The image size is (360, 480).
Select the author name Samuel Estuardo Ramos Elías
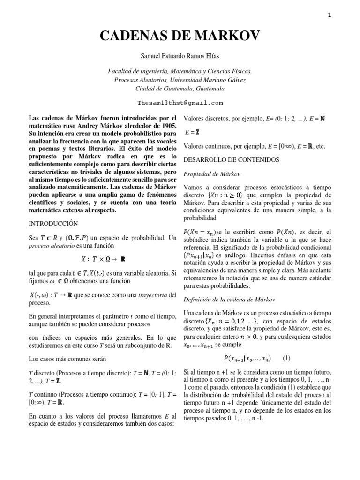click(180, 56)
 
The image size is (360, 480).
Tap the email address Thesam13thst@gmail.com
click(180, 103)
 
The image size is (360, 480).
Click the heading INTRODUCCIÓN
click(53, 224)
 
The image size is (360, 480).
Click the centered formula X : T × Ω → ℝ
click(102, 258)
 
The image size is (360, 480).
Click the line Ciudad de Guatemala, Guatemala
click(180, 88)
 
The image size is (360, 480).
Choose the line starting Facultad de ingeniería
click(180, 71)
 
